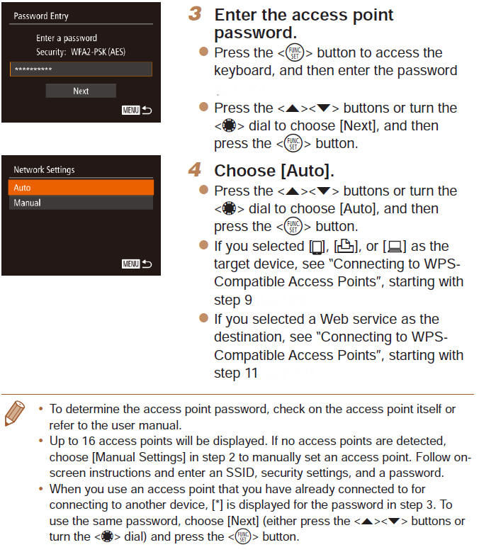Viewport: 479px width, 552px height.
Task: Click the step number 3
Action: [198, 14]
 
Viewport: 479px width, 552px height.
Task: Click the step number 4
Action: [198, 171]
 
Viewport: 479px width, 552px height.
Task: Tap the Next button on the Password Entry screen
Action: [81, 91]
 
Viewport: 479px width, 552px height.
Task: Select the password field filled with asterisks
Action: [81, 69]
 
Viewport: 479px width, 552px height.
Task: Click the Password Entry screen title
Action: [41, 16]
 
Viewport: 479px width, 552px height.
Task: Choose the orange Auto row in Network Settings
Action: [81, 188]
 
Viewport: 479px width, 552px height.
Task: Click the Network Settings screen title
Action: [44, 170]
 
